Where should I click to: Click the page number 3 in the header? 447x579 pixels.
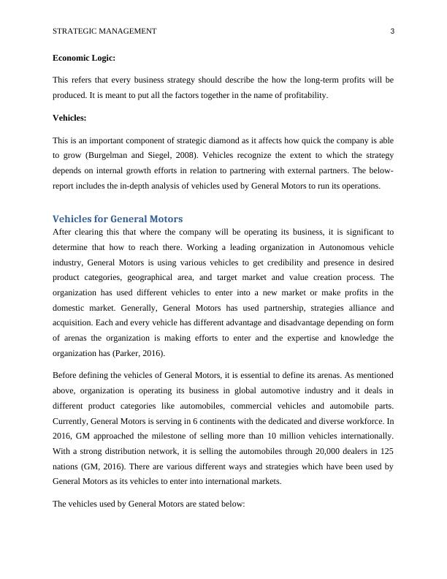[x=392, y=31]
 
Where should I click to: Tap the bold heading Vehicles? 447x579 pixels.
[x=69, y=117]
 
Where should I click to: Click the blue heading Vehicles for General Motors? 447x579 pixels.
[x=118, y=219]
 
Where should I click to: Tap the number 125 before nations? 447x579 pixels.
[x=385, y=451]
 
